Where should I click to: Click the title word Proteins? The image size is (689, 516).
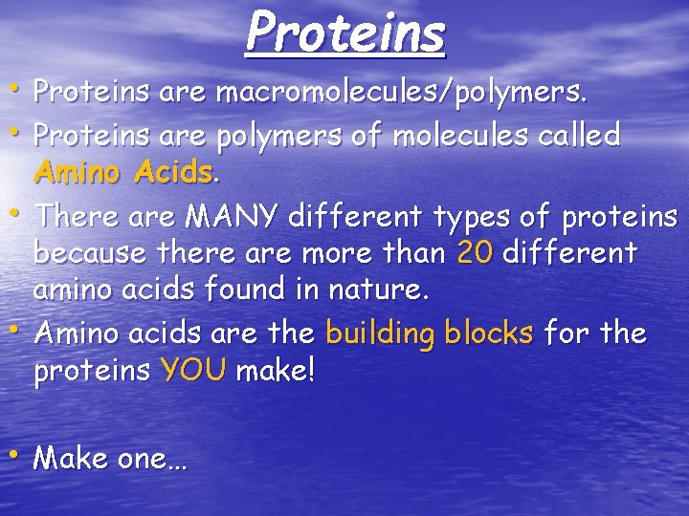(345, 32)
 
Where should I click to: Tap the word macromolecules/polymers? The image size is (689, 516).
(402, 94)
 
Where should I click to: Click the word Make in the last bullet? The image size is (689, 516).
(70, 459)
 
